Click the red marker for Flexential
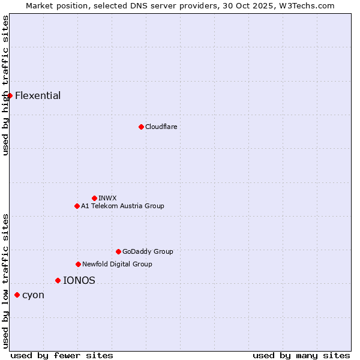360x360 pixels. coord(10,95)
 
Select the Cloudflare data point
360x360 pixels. coord(141,127)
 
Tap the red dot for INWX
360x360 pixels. coord(94,198)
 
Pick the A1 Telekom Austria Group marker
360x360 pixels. coord(77,206)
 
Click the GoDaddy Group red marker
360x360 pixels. coord(118,251)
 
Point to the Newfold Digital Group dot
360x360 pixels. coord(78,264)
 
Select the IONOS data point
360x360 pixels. coord(58,280)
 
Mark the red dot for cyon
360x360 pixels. coord(17,295)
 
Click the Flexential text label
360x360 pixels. coord(38,95)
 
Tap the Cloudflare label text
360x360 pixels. coord(161,127)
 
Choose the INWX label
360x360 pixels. coord(107,198)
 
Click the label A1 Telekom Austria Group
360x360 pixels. coord(122,206)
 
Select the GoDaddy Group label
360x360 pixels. coord(148,251)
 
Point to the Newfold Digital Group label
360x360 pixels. coord(117,264)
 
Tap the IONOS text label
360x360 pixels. coord(79,280)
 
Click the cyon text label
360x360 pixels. coord(33,295)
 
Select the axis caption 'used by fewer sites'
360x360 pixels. coord(62,355)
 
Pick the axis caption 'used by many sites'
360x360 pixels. coord(301,355)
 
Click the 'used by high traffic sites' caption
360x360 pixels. coord(5,85)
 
